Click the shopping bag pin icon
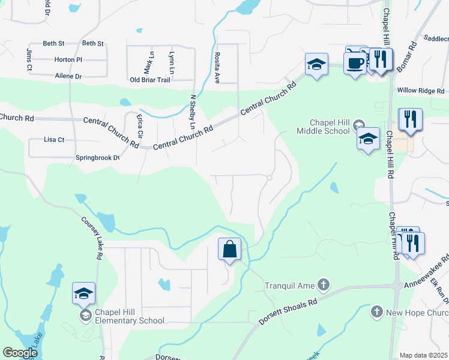230,248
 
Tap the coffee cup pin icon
355,62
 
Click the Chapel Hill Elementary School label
130,320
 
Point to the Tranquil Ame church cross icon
324,283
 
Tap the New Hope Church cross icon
376,311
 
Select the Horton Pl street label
68,60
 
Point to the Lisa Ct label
54,139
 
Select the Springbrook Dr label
98,158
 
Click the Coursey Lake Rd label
91,237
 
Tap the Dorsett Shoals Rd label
288,311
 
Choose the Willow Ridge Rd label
421,92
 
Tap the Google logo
20,353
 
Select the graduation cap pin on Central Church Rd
316,65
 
